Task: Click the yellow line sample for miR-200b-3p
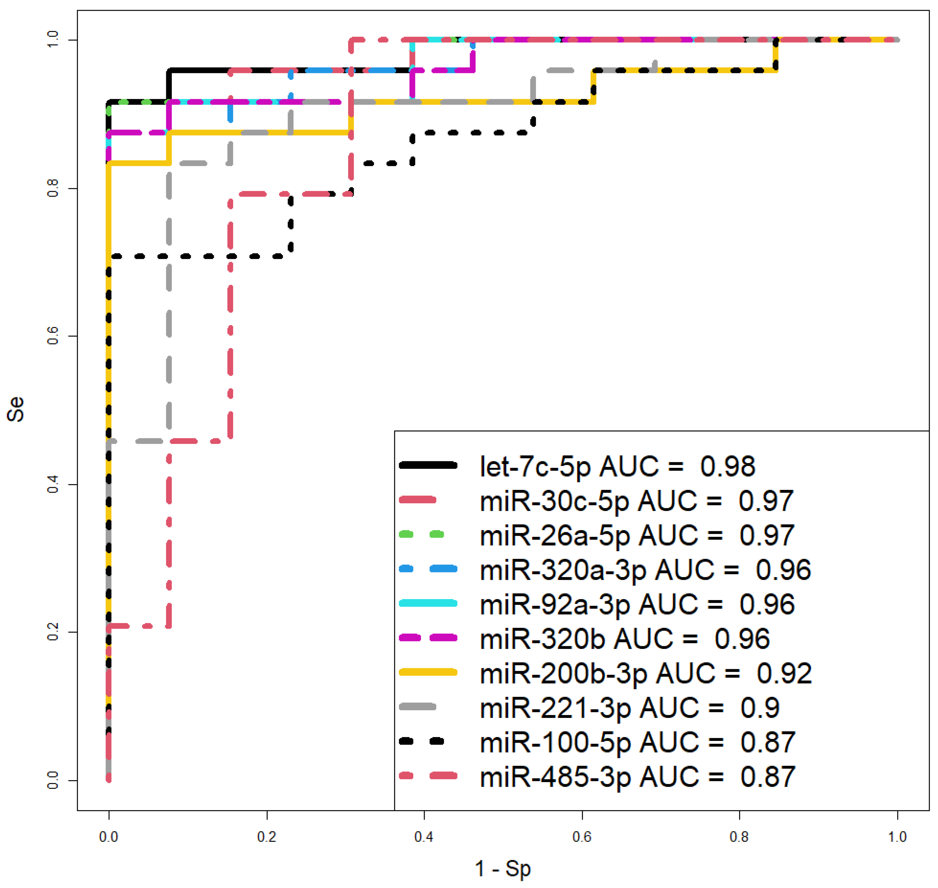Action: (428, 672)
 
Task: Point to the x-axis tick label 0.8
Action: (739, 837)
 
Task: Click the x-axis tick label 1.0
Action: (897, 837)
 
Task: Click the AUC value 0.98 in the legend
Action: (727, 466)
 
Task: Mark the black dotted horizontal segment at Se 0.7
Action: (199, 257)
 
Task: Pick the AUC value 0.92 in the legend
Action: (784, 673)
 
